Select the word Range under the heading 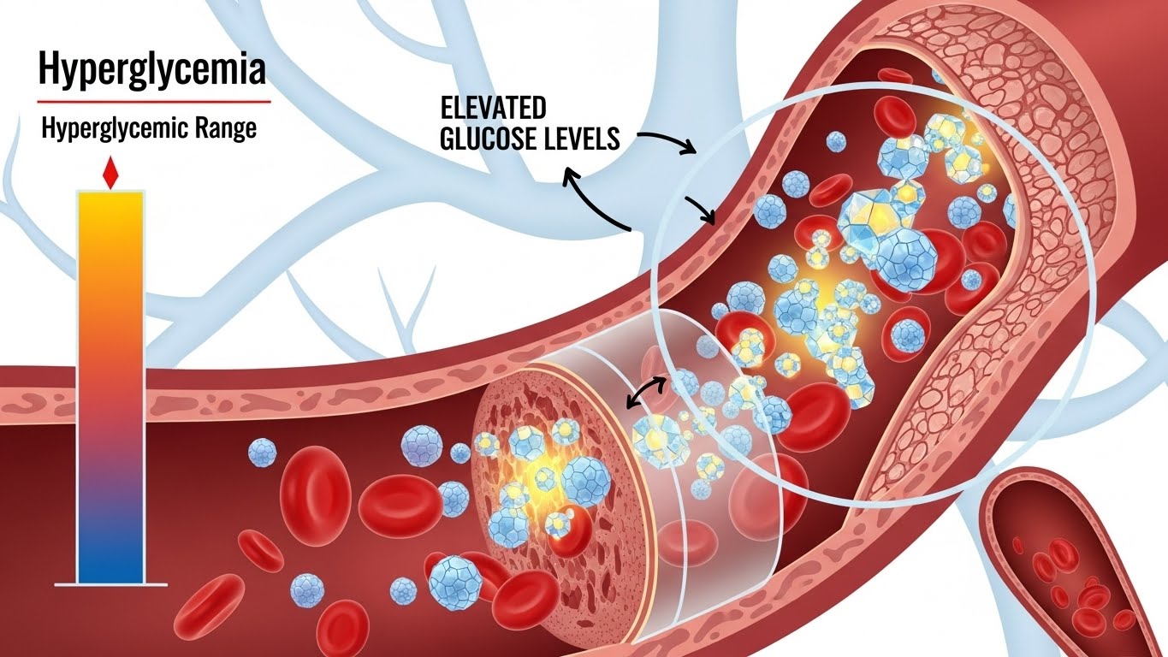point(225,131)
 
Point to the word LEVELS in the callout point(583,139)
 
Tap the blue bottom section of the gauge point(110,547)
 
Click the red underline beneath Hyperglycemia point(154,102)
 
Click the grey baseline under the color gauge point(110,584)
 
